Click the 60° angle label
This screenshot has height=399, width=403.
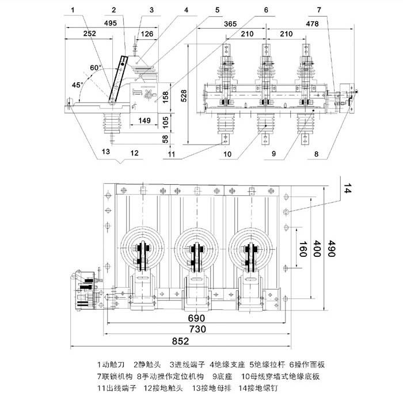click(96, 67)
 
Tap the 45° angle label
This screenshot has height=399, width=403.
click(77, 84)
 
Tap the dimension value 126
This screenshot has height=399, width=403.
click(147, 34)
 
